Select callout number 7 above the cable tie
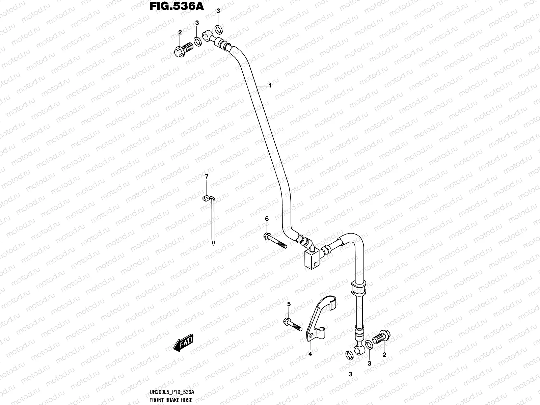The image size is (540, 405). pyautogui.click(x=207, y=177)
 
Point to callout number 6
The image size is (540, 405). pyautogui.click(x=267, y=219)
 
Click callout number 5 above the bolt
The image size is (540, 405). pyautogui.click(x=289, y=304)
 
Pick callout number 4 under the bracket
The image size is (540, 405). pyautogui.click(x=310, y=354)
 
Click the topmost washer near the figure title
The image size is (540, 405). pyautogui.click(x=218, y=29)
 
